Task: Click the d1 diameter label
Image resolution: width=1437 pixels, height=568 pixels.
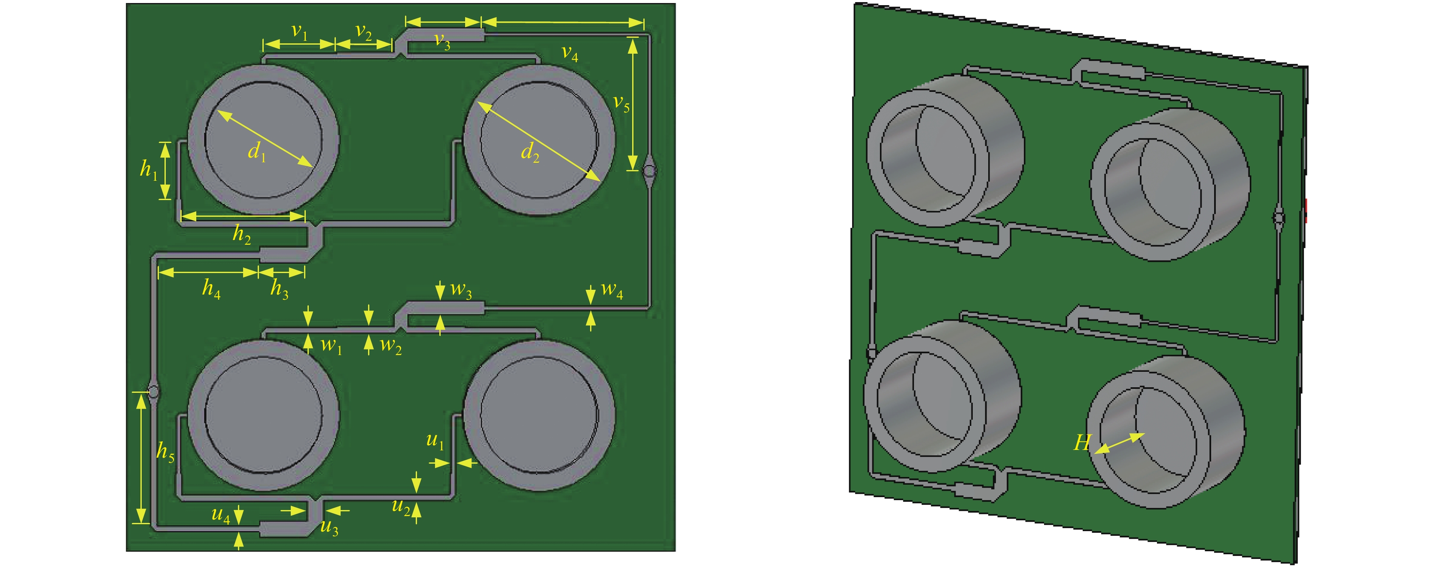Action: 257,151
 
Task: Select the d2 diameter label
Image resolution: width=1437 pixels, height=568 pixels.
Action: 530,152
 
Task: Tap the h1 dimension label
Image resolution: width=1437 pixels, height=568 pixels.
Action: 149,169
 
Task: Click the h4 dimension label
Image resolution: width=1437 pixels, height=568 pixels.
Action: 211,289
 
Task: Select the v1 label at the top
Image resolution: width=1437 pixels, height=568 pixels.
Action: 300,32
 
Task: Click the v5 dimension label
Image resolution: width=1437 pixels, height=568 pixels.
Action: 621,103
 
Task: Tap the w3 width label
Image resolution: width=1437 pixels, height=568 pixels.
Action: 461,290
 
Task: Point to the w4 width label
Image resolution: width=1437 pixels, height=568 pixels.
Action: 612,290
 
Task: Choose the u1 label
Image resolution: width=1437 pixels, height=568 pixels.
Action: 435,441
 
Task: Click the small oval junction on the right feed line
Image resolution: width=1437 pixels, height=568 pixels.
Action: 649,170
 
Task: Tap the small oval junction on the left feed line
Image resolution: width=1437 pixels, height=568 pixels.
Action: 153,392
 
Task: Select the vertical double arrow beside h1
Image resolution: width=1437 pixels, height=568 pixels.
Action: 165,170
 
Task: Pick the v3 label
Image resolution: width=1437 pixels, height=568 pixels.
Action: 442,41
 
